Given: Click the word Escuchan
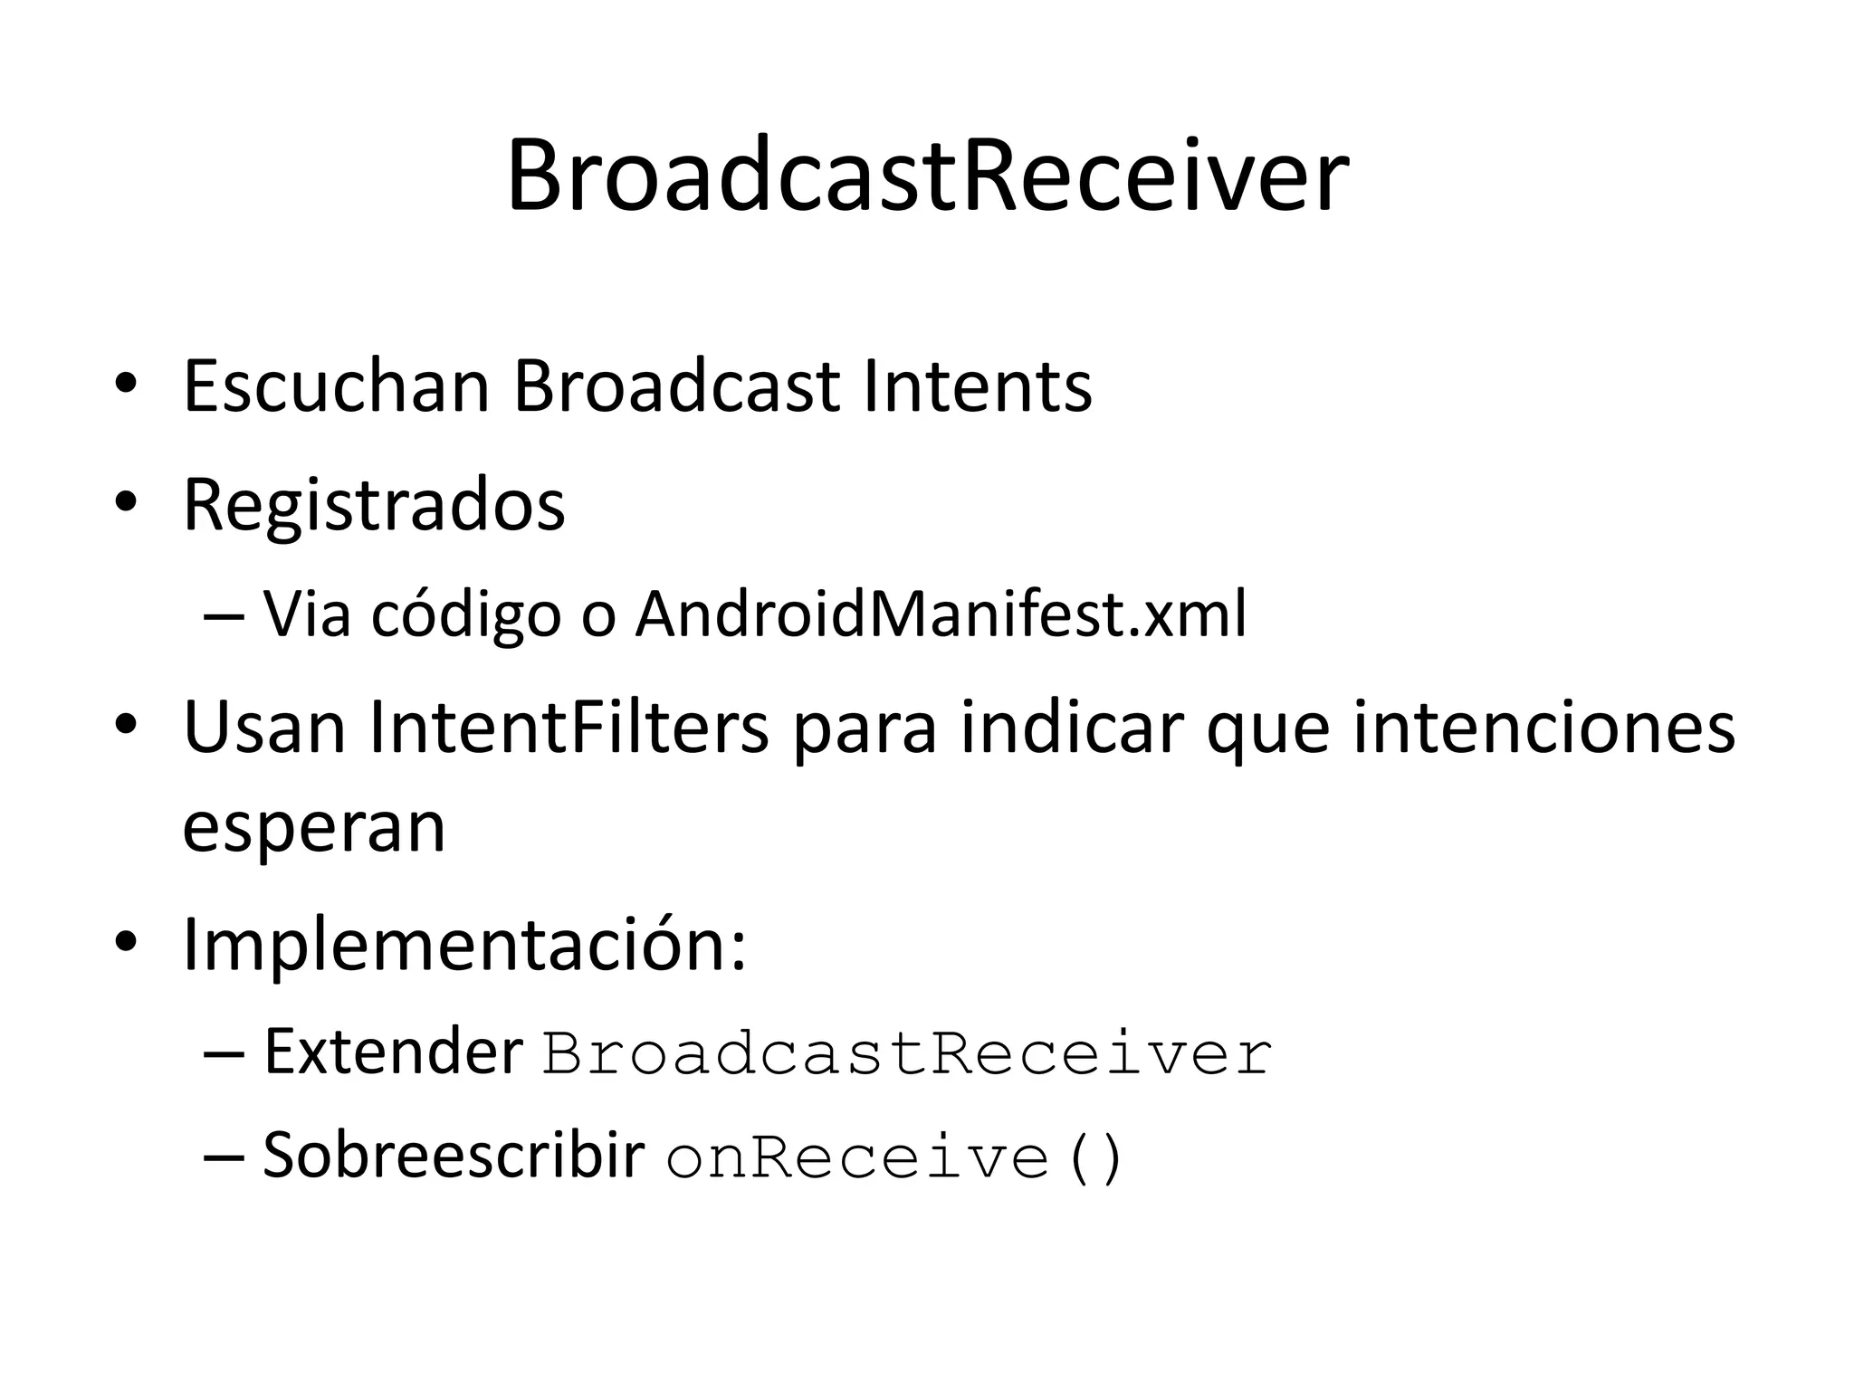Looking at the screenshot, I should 336,386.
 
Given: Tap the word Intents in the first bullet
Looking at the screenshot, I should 978,386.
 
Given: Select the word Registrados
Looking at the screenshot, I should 374,505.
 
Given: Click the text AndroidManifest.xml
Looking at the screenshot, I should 941,614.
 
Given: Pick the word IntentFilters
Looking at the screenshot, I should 569,728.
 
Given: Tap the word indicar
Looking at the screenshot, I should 1072,728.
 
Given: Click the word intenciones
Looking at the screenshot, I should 1543,728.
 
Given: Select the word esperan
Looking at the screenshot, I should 314,827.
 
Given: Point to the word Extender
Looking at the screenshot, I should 393,1052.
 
